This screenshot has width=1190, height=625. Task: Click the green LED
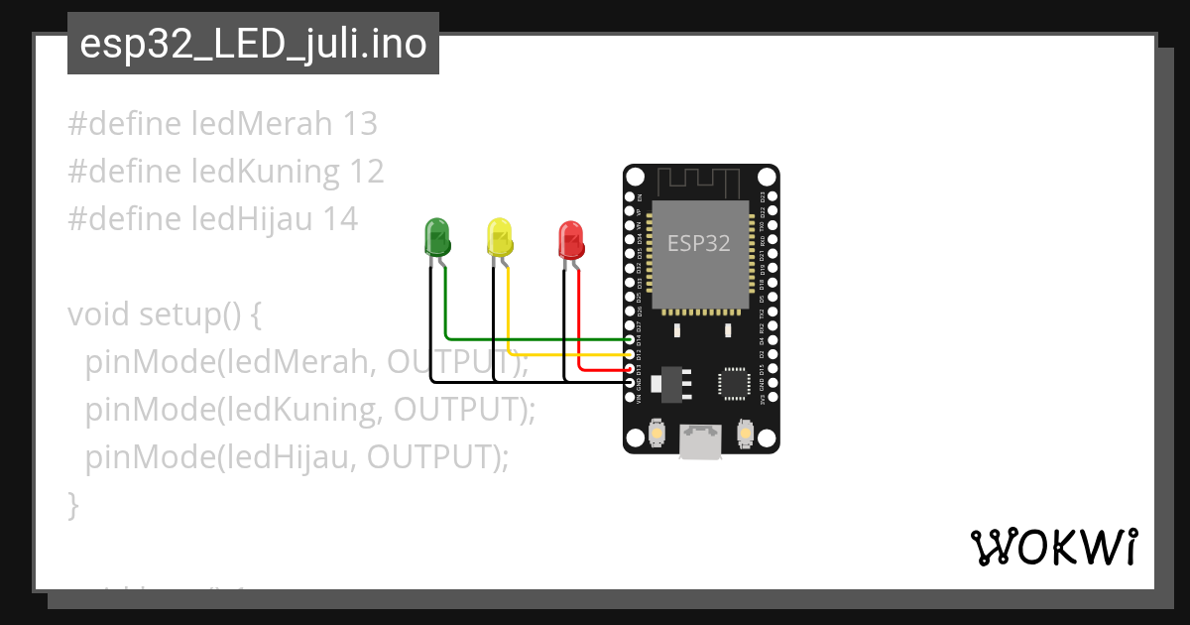coord(436,238)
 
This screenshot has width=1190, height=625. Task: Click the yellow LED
coord(499,238)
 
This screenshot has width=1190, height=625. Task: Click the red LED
coord(570,240)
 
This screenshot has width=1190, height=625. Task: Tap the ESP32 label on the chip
coord(699,243)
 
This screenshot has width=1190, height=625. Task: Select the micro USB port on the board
coord(701,441)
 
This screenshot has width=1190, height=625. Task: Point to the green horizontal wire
coord(535,339)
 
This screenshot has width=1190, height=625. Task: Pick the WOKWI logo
coord(1053,547)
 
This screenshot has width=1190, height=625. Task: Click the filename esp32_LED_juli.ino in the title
coord(253,45)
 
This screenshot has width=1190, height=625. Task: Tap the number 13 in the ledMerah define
coord(359,124)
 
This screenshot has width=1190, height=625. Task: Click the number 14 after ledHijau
coord(340,219)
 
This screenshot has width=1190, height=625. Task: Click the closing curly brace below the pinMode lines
coord(72,505)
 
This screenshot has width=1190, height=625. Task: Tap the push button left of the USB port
coord(655,433)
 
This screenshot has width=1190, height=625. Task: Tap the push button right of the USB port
coord(746,433)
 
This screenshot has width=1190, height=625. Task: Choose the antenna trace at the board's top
coord(701,183)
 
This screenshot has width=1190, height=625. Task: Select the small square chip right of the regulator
coord(734,382)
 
